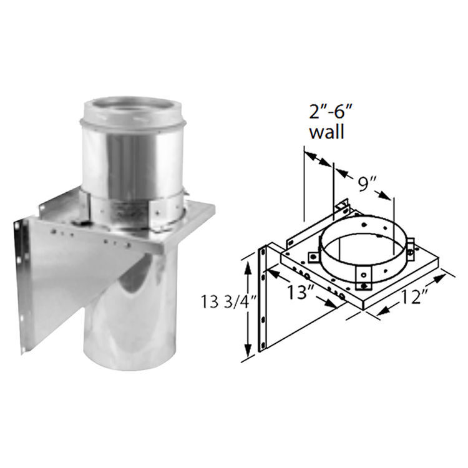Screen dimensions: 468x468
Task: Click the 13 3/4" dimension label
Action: click(x=228, y=301)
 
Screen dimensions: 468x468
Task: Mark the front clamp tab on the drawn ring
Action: click(x=364, y=278)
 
